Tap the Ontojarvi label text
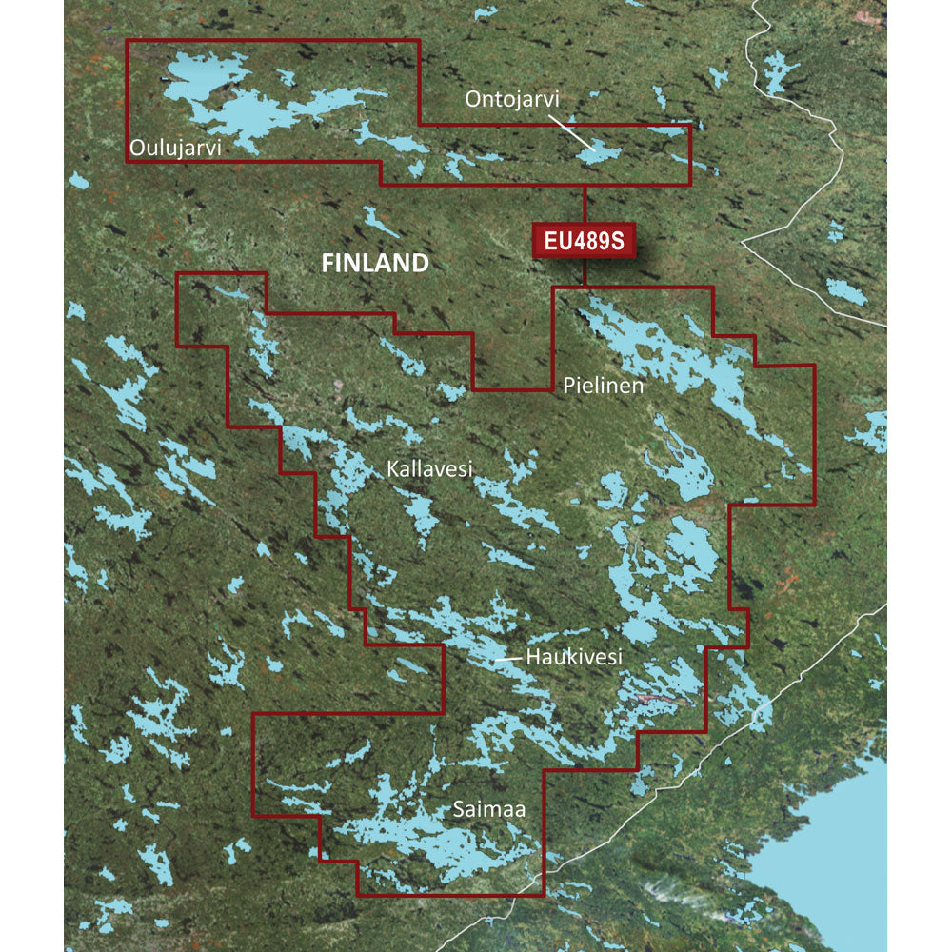click(x=511, y=99)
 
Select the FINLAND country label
click(x=375, y=264)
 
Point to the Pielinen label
click(x=603, y=387)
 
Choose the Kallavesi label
click(x=429, y=468)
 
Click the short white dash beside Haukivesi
click(x=510, y=657)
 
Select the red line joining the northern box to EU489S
click(x=584, y=205)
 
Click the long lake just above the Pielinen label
click(x=666, y=352)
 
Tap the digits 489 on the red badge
click(x=588, y=241)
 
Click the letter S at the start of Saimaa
click(x=459, y=809)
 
